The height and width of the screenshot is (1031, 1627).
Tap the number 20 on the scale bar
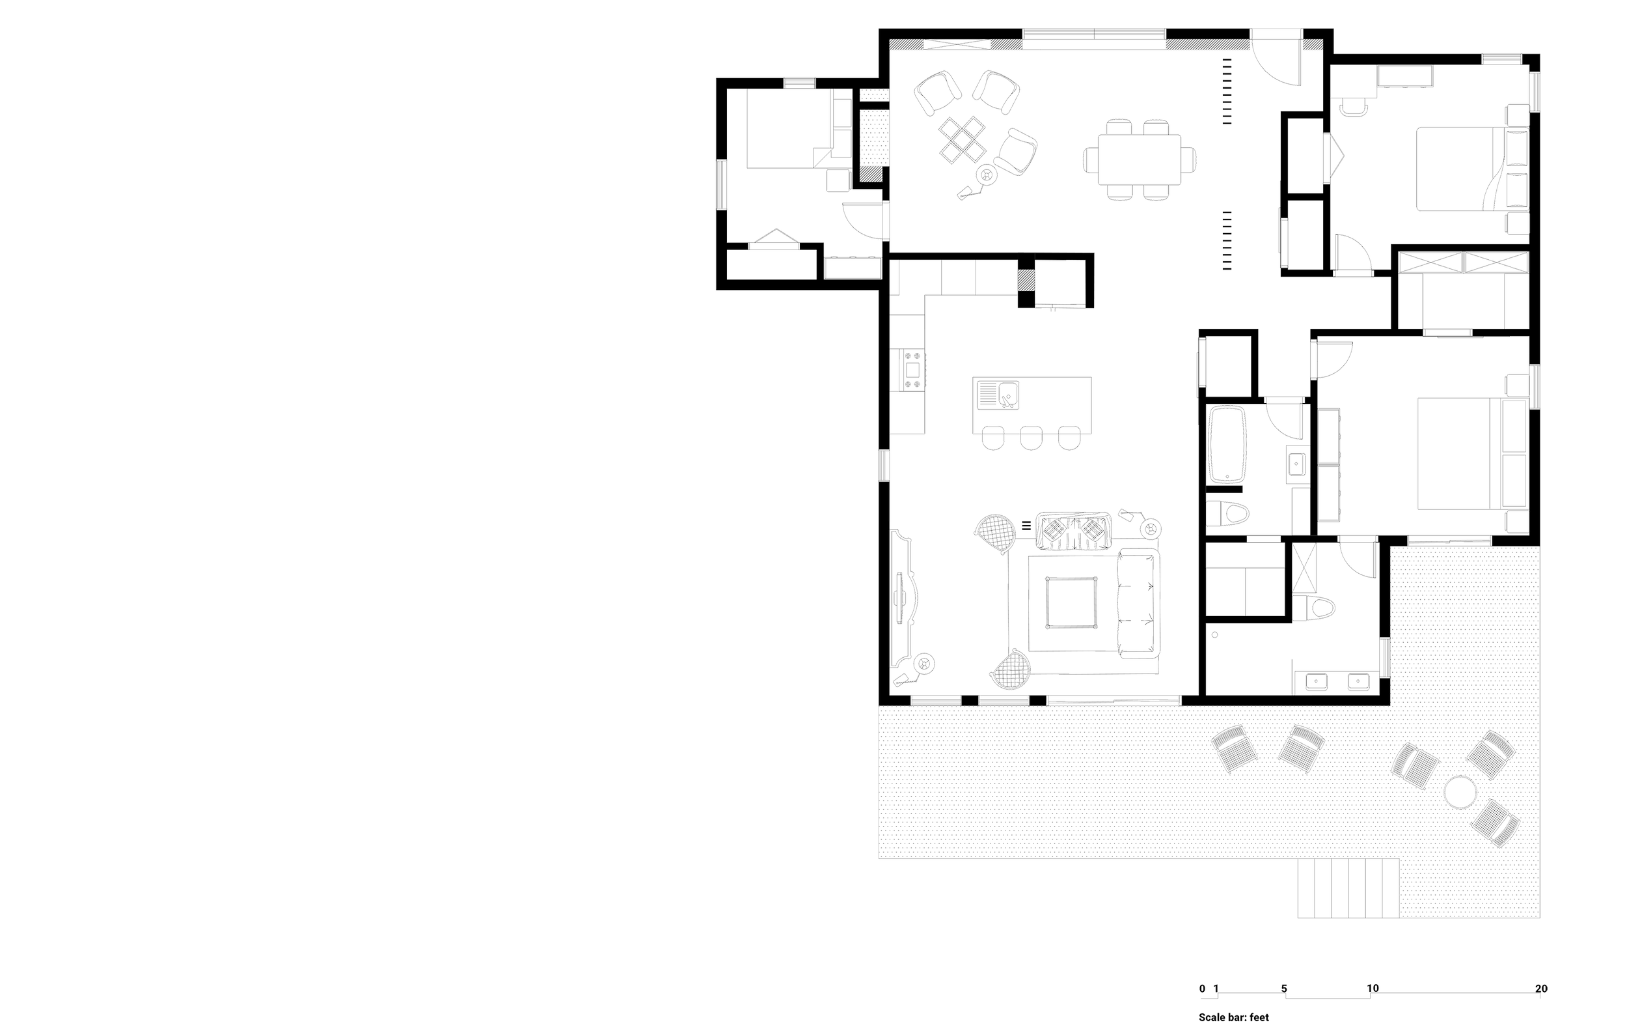pos(1540,989)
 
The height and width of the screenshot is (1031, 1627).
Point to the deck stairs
pos(1347,888)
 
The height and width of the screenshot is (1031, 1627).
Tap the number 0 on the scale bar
pos(1202,989)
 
